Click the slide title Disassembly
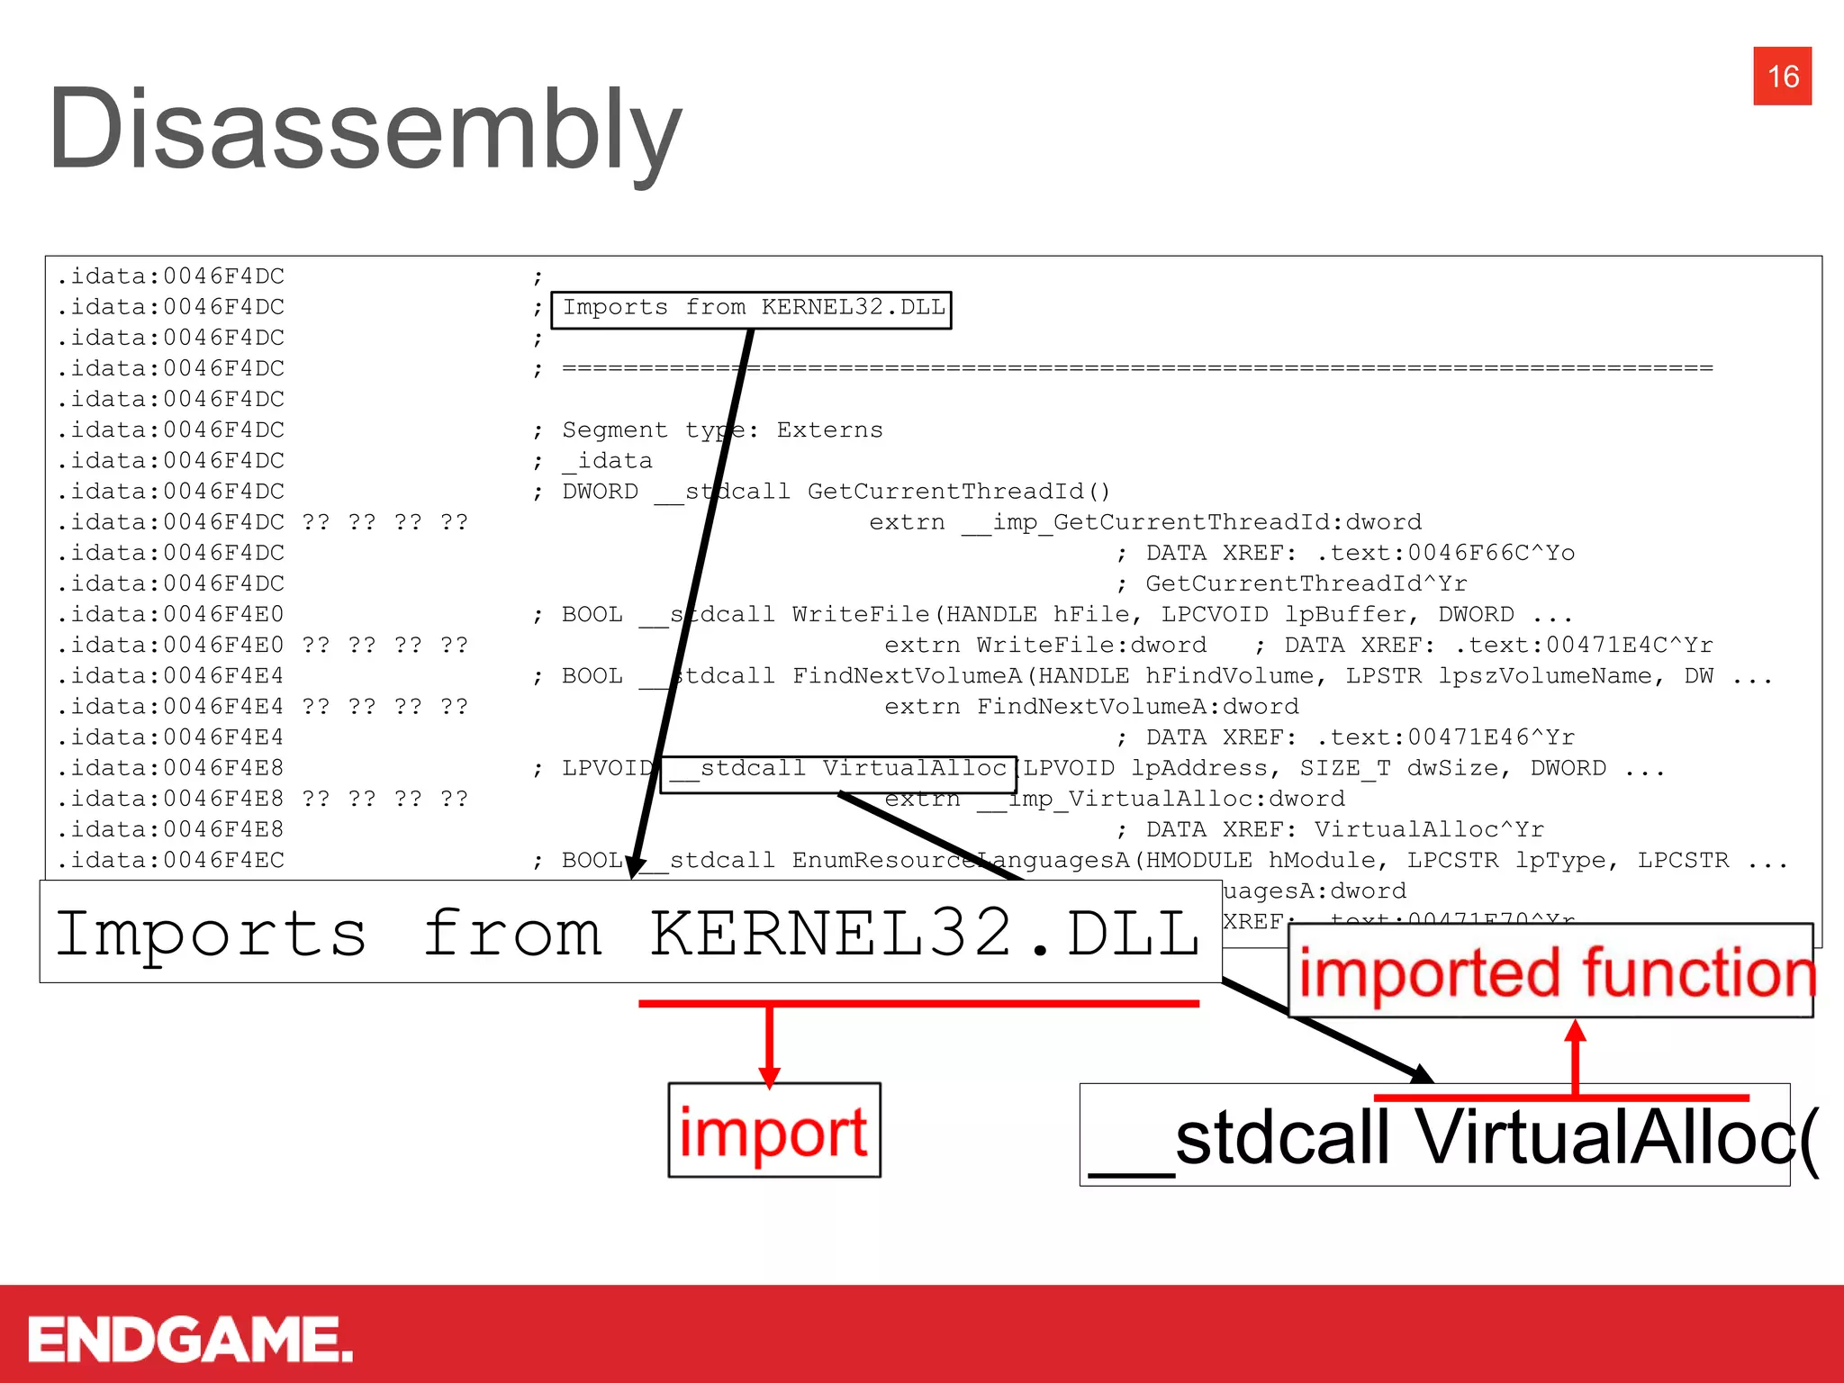coord(365,129)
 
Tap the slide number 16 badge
coord(1782,77)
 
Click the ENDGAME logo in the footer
coord(190,1339)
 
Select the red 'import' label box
coord(773,1131)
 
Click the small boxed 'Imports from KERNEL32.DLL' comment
coord(752,308)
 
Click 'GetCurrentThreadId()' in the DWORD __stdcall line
coord(958,492)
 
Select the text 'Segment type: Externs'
coord(722,430)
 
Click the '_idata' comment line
coord(607,461)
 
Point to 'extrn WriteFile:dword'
coord(1044,646)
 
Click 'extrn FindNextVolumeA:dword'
coord(1091,707)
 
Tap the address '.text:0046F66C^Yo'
coord(1445,553)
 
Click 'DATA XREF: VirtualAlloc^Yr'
coord(1344,829)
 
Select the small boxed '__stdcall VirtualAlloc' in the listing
coord(838,769)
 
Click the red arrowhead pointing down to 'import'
coord(769,1075)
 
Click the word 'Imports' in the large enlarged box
coord(212,933)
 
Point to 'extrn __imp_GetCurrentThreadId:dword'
coord(1145,522)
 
